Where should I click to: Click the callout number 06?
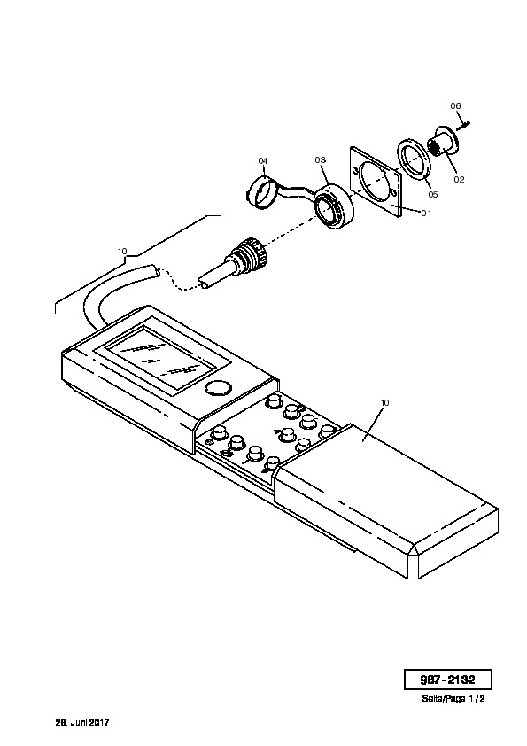pyautogui.click(x=455, y=106)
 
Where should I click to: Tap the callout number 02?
pyautogui.click(x=459, y=179)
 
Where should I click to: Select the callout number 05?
pyautogui.click(x=433, y=195)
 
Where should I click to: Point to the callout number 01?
pyautogui.click(x=426, y=213)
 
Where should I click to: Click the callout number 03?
pyautogui.click(x=320, y=159)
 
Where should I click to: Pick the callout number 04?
pyautogui.click(x=262, y=161)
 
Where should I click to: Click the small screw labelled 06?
pyautogui.click(x=463, y=126)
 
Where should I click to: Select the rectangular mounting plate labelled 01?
pyautogui.click(x=376, y=182)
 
